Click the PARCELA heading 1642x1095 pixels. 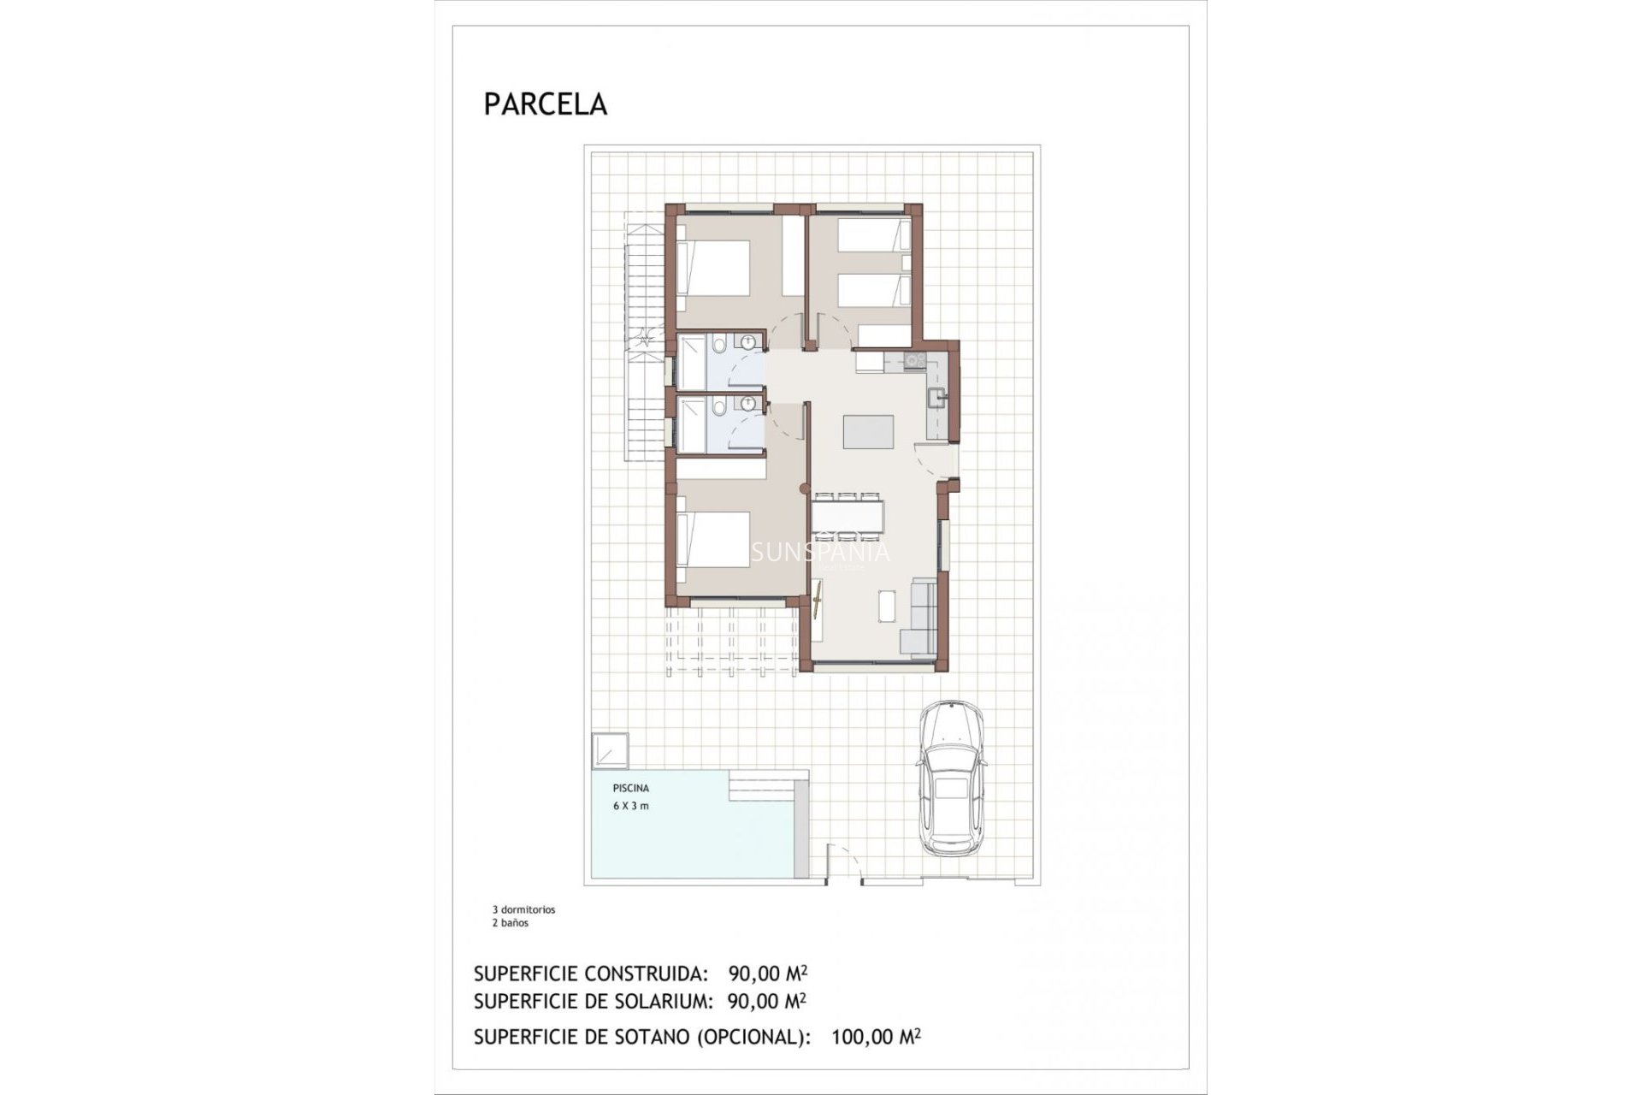545,104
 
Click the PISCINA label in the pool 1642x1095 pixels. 630,788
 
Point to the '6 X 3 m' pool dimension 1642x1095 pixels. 630,806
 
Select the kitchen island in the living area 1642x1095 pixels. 868,431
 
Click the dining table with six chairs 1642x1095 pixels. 847,516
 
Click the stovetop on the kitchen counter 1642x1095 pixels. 913,361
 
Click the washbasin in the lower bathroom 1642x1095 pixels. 750,405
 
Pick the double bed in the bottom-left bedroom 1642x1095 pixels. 713,539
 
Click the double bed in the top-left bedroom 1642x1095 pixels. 713,268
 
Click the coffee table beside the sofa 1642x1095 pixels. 886,606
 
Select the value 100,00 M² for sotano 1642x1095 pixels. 876,1037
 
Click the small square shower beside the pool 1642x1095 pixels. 609,750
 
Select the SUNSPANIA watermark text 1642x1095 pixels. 819,553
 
